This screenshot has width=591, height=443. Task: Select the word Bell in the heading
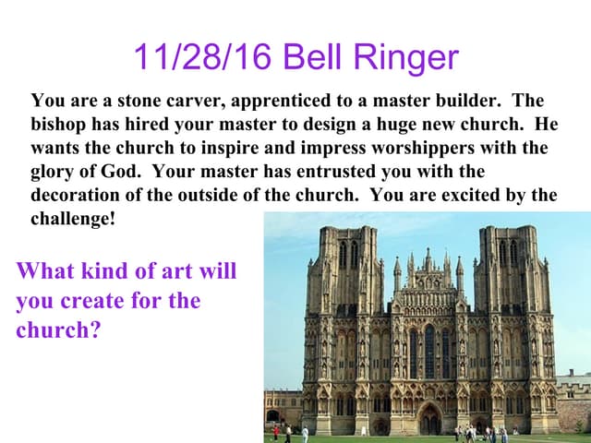311,57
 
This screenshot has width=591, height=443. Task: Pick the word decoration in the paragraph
74,196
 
